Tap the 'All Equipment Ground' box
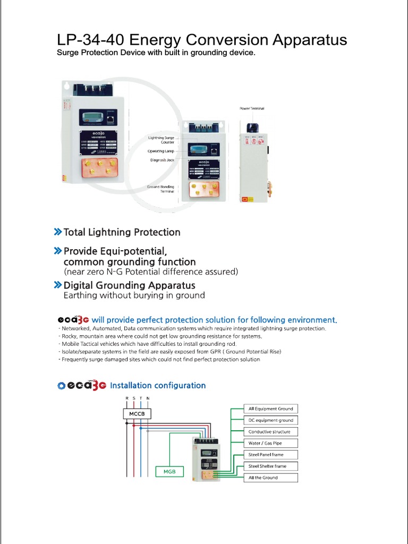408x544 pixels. (270, 409)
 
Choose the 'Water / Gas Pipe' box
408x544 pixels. (270, 443)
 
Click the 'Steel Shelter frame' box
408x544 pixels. (270, 466)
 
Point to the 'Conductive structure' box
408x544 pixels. (270, 431)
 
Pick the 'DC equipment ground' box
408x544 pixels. (270, 420)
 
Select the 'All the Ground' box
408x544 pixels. (270, 478)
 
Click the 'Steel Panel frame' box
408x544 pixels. (270, 455)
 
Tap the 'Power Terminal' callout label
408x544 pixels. (251, 108)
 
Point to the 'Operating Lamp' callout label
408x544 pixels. (161, 151)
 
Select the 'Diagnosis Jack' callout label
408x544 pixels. (162, 160)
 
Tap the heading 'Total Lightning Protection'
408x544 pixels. (122, 232)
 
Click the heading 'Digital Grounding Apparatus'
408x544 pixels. (129, 285)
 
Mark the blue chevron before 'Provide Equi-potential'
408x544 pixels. (57, 250)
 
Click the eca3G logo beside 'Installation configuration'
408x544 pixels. (82, 385)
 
